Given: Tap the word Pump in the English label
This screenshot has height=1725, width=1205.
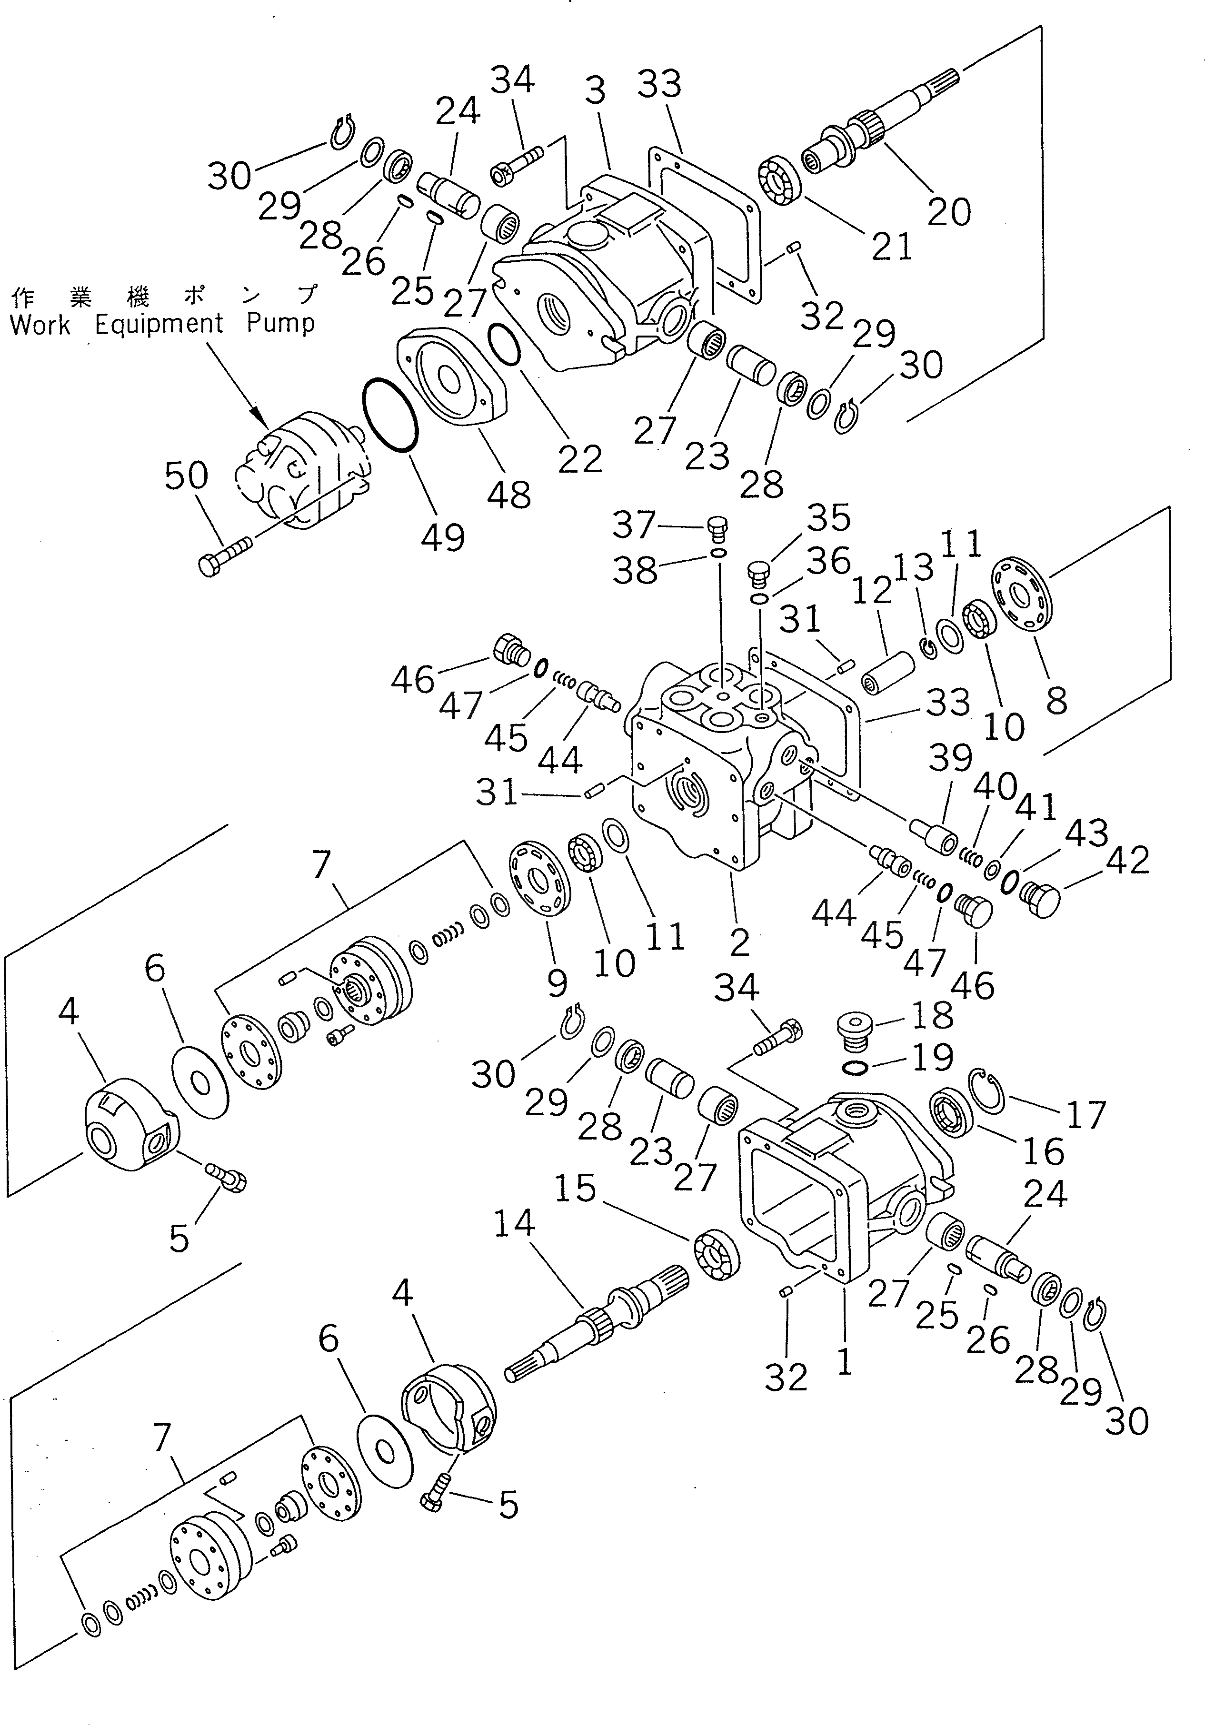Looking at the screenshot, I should pos(280,324).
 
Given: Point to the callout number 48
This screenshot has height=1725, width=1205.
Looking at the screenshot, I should pos(508,495).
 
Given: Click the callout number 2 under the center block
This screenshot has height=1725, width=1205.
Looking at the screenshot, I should pos(739,942).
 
